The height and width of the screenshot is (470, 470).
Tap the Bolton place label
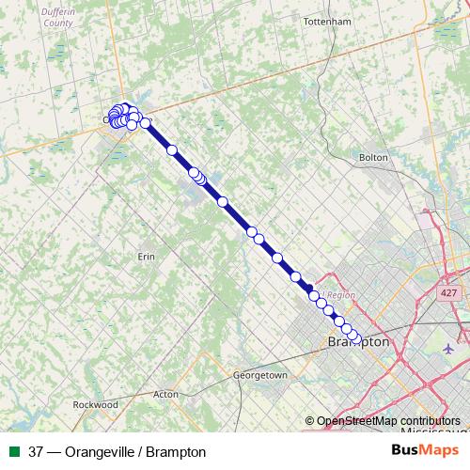(373, 157)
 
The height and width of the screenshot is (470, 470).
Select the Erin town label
(146, 257)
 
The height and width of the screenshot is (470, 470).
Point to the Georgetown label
(259, 375)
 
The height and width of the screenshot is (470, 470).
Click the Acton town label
(165, 395)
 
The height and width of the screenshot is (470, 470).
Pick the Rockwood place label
(96, 404)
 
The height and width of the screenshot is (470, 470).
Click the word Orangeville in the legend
(96, 452)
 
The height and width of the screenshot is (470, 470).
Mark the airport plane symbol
(446, 349)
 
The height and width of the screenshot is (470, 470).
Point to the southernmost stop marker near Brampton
(355, 337)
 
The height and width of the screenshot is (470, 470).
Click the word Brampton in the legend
(175, 452)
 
